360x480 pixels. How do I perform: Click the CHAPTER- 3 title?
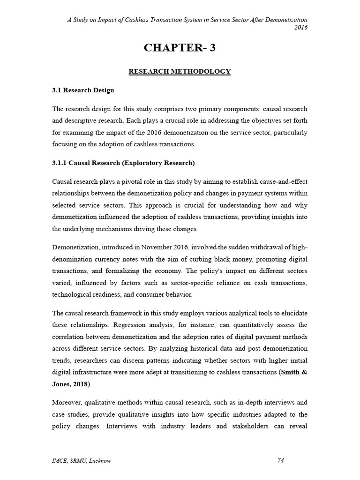(x=180, y=47)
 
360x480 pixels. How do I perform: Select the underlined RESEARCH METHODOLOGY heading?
(x=180, y=72)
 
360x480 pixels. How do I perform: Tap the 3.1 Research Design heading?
(x=83, y=90)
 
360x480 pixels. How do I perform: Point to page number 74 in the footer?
(x=281, y=460)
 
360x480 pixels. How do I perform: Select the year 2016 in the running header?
(x=300, y=27)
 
